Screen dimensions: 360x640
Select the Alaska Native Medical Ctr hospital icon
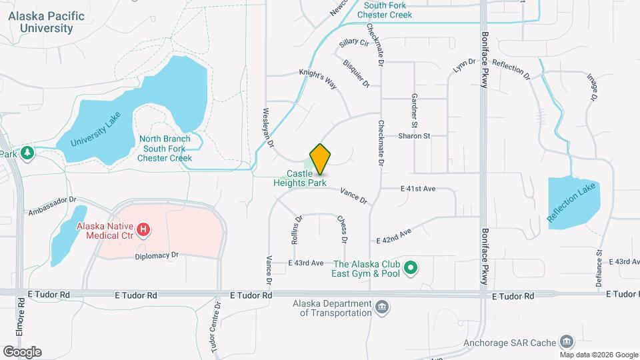[143, 231]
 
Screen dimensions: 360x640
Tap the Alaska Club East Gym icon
[411, 269]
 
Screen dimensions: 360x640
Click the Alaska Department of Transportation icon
[382, 307]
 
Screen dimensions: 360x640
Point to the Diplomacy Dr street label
[157, 255]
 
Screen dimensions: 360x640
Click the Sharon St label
[414, 135]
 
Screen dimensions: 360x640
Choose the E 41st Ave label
[418, 189]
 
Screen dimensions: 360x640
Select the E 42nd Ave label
[394, 236]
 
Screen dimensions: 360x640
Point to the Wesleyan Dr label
[269, 128]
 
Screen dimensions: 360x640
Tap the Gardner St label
[414, 111]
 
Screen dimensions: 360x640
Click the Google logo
[22, 352]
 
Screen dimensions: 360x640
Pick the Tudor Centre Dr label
[215, 327]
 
